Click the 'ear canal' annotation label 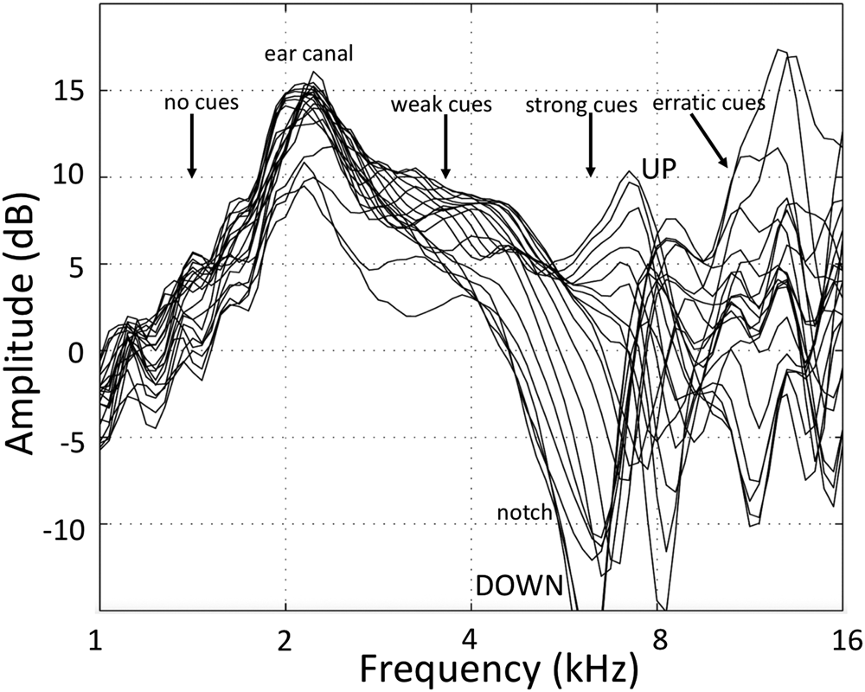pyautogui.click(x=309, y=54)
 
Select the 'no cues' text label pyautogui.click(x=202, y=102)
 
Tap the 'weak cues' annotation pyautogui.click(x=441, y=105)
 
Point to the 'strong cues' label pyautogui.click(x=581, y=105)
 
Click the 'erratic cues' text pyautogui.click(x=709, y=103)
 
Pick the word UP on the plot pyautogui.click(x=658, y=169)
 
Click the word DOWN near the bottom pyautogui.click(x=519, y=586)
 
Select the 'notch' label pyautogui.click(x=524, y=512)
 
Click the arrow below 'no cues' pyautogui.click(x=191, y=145)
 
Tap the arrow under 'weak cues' pyautogui.click(x=445, y=145)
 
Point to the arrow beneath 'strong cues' pyautogui.click(x=590, y=145)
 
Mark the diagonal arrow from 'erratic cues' pyautogui.click(x=708, y=139)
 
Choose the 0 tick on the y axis pyautogui.click(x=77, y=350)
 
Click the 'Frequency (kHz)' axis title pyautogui.click(x=499, y=670)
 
